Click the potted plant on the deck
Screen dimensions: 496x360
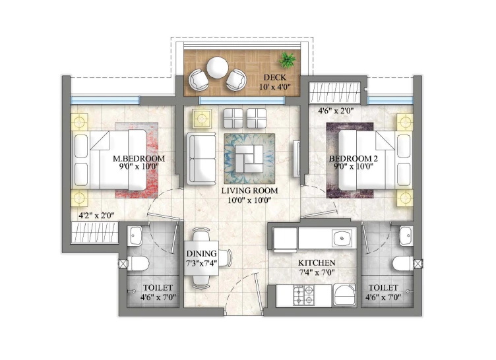[288, 59]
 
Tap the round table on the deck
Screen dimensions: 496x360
[217, 67]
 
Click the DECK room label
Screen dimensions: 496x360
[274, 77]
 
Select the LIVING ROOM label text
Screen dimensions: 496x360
[249, 191]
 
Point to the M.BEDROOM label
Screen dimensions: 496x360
[139, 158]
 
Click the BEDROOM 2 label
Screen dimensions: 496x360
[354, 158]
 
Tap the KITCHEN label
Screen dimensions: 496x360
[317, 263]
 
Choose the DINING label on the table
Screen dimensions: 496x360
[202, 254]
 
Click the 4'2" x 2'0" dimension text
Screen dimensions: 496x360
[96, 216]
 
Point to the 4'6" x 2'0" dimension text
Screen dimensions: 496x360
[336, 111]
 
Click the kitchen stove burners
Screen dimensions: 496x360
[303, 295]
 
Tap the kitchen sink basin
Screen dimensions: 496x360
[342, 238]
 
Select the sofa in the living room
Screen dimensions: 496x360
[201, 158]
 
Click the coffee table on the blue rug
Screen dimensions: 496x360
[249, 158]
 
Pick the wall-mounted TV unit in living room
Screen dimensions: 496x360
[296, 158]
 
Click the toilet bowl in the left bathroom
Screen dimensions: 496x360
[139, 263]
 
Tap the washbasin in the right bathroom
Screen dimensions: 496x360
[406, 236]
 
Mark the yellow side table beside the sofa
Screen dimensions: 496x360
[202, 119]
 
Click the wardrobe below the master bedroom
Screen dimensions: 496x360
[94, 233]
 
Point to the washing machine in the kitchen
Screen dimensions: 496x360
[344, 295]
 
